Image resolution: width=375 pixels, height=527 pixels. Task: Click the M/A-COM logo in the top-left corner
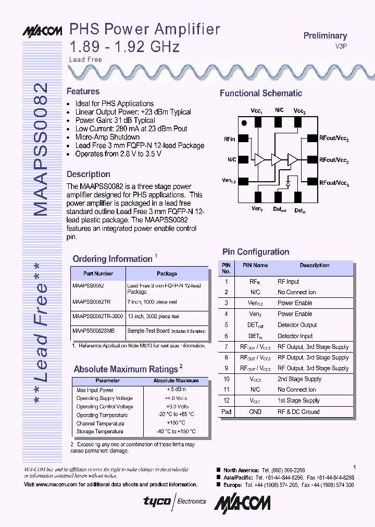pyautogui.click(x=42, y=31)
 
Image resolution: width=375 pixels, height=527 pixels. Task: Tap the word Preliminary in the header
pyautogui.click(x=325, y=36)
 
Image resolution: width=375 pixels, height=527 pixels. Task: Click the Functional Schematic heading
pyautogui.click(x=260, y=94)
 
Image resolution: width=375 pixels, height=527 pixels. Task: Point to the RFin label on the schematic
pyautogui.click(x=230, y=139)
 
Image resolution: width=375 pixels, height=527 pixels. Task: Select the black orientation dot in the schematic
pyautogui.click(x=244, y=123)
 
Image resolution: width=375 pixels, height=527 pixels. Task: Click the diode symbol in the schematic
pyautogui.click(x=288, y=184)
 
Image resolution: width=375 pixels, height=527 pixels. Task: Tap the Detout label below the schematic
pyautogui.click(x=280, y=209)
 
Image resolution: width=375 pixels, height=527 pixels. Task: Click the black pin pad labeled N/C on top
pyautogui.click(x=279, y=121)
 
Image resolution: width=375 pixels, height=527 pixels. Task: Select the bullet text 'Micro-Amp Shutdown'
pyautogui.click(x=107, y=137)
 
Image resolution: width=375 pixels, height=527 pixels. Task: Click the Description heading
pyautogui.click(x=89, y=174)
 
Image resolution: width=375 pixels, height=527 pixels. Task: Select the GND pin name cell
pyautogui.click(x=255, y=412)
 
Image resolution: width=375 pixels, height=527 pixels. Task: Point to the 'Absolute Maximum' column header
pyautogui.click(x=176, y=381)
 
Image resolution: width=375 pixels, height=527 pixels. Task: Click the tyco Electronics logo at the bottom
pyautogui.click(x=175, y=501)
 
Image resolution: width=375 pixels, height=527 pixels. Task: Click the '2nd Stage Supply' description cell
pyautogui.click(x=299, y=379)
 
